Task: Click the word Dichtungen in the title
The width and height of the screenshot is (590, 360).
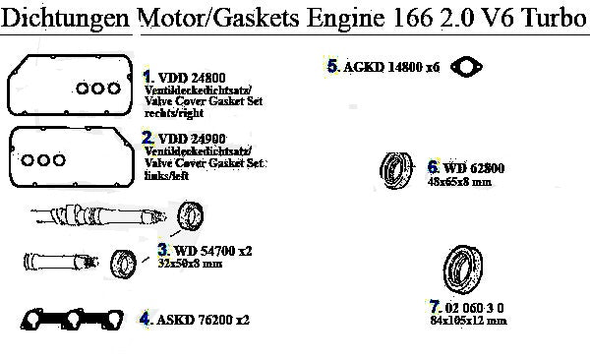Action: pos(66,19)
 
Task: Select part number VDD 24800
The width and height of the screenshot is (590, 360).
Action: pos(192,78)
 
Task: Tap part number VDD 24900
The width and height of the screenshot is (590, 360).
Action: pos(192,139)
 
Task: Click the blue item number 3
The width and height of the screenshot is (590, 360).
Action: pos(163,249)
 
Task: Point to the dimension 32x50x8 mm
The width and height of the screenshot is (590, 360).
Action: pos(190,264)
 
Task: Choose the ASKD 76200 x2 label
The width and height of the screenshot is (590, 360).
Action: pos(203,320)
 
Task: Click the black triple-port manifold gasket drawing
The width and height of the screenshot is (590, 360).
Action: pos(72,320)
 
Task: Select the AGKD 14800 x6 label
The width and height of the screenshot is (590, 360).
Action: pos(391,67)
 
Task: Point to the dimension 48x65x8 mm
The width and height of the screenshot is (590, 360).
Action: pos(459,182)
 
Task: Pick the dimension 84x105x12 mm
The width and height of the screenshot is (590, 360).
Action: pos(468,321)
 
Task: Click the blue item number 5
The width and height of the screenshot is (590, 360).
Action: pos(332,66)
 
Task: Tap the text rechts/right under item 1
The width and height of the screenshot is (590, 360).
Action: pos(174,113)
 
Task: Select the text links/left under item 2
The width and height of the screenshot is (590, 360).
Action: pos(166,175)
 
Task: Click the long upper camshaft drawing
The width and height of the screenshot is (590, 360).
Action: pos(98,215)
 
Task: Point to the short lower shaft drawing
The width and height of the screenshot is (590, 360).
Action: pos(61,261)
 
